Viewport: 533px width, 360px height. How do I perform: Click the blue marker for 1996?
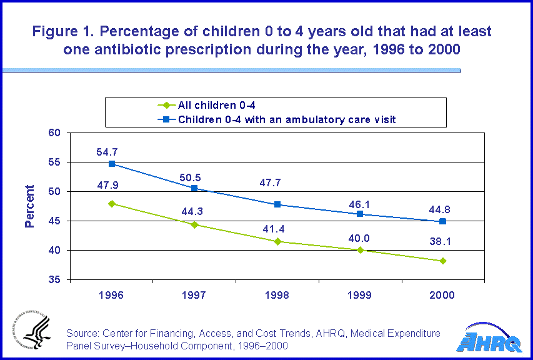112,164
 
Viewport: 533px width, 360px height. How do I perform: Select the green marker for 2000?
443,261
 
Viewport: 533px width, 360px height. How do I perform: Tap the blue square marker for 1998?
277,204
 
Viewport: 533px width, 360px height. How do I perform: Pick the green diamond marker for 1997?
194,224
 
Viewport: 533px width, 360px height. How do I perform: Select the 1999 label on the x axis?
360,295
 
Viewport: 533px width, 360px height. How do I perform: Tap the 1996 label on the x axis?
112,295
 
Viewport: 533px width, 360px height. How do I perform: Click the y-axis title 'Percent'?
29,206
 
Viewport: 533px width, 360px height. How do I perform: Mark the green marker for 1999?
360,250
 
